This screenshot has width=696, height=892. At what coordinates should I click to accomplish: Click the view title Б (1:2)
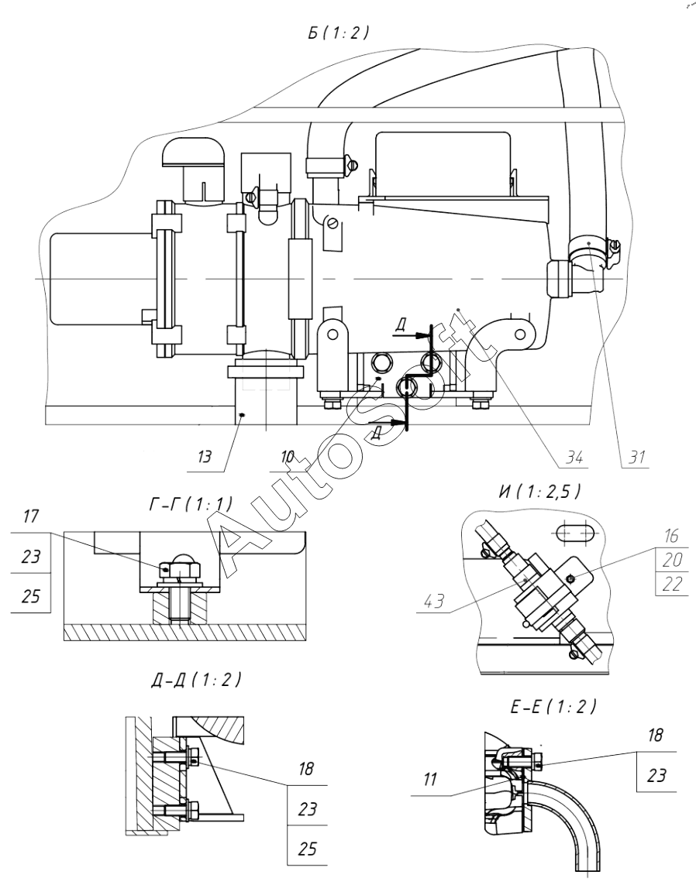tap(339, 33)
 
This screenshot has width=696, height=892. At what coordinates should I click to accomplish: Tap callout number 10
tap(288, 456)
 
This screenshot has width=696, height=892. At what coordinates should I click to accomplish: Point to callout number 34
tap(574, 456)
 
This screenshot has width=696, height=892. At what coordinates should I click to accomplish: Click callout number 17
tap(31, 516)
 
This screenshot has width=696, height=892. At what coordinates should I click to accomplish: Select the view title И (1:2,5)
tap(539, 491)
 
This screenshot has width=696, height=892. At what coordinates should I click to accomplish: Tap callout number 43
tap(434, 600)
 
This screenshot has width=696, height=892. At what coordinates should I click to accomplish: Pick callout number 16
tap(672, 535)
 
